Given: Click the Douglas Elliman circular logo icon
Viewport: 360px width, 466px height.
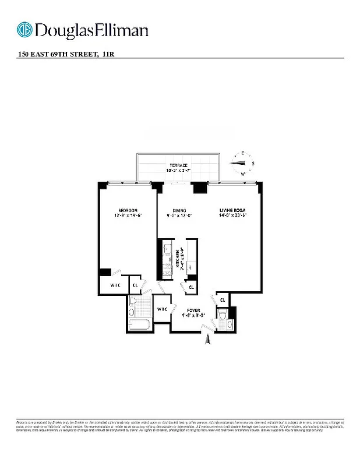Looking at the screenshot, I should tap(25, 30).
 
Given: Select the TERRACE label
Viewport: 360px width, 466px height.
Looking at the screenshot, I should tap(179, 165).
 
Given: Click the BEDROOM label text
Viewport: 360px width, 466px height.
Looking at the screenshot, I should tap(128, 210).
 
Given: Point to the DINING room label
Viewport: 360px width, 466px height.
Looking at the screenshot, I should tap(179, 210).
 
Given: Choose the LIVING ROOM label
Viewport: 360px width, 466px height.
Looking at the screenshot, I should tap(232, 210).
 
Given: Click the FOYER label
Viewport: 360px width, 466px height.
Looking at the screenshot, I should tap(193, 310).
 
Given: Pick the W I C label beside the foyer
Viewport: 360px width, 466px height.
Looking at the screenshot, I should tap(162, 309).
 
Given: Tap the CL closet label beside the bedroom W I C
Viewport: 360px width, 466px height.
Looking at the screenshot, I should tap(135, 285).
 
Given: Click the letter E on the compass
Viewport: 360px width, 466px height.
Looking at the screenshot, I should tap(241, 154).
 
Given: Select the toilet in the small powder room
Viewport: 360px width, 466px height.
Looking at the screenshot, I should tap(223, 319).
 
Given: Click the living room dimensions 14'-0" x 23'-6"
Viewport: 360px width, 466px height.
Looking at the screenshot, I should tap(232, 216).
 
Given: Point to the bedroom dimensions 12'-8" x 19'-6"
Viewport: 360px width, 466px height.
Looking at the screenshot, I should tap(128, 216).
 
